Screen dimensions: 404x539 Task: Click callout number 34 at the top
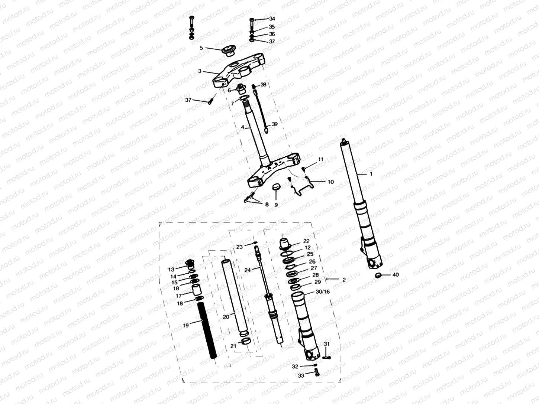coord(272,19)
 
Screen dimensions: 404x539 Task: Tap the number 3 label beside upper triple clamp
coord(200,71)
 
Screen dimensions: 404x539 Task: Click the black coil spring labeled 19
coord(208,330)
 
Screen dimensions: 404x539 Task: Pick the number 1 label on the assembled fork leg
coord(370,173)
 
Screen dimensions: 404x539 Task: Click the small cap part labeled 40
coord(379,275)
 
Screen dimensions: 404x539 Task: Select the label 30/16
coord(322,292)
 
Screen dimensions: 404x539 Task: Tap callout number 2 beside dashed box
coord(344,280)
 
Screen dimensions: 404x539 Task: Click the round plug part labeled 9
coord(276,187)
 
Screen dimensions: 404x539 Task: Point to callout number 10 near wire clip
coord(330,182)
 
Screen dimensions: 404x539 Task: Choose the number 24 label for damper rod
coord(248,270)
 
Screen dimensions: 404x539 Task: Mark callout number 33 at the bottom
coord(301,376)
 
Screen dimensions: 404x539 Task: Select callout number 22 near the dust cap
coord(306,241)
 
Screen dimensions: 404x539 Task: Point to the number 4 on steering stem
coord(242,127)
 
